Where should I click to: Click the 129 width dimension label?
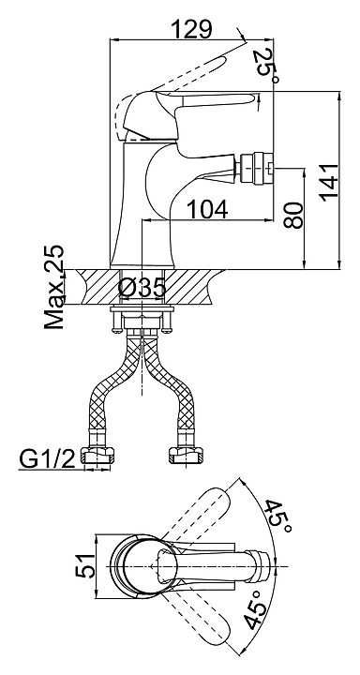(191, 29)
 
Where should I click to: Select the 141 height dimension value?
(328, 181)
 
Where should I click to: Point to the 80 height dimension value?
(293, 215)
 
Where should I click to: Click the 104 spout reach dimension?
(207, 210)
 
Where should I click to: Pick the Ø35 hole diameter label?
(142, 288)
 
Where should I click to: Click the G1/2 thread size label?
(47, 459)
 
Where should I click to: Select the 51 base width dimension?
(85, 565)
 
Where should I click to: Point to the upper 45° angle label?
(277, 517)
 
